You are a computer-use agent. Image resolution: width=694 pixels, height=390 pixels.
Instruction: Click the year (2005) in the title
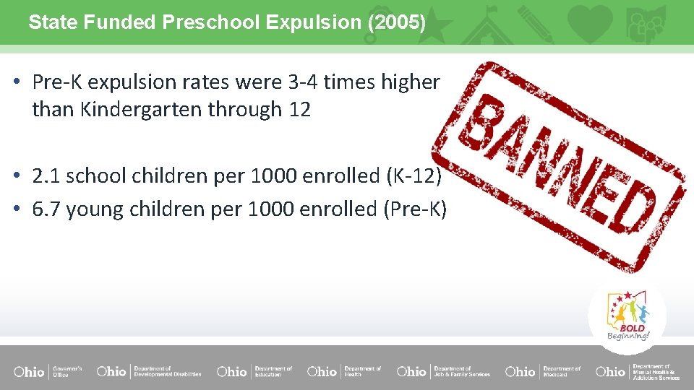(x=396, y=22)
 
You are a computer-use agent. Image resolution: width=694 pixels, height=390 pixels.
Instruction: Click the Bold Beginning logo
(x=627, y=316)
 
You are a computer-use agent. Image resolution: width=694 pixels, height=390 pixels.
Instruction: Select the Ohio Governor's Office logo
(x=48, y=371)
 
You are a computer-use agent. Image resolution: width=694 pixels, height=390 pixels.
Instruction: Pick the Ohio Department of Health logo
(x=344, y=371)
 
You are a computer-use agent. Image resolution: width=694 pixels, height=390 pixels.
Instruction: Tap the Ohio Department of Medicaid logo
(x=542, y=371)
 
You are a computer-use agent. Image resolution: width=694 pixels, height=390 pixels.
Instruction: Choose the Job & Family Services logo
(x=442, y=371)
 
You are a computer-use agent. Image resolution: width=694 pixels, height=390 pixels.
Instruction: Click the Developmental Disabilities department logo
(x=149, y=371)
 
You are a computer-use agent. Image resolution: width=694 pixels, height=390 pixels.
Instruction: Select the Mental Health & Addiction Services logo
(x=638, y=371)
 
